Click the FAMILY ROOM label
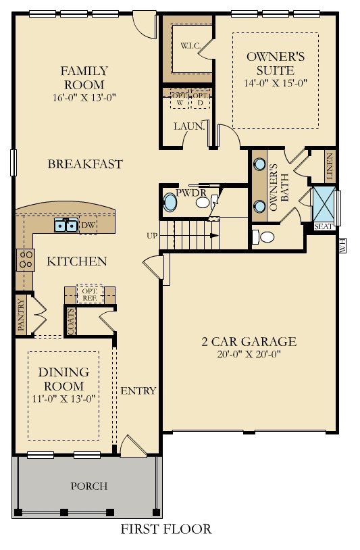84,78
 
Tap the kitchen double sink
66,225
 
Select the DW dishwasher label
88,225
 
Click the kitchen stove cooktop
26,260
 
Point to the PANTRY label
22,315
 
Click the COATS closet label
71,321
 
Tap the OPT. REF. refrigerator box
90,294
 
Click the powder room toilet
204,203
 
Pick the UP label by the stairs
152,236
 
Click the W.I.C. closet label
190,45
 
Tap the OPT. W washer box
180,99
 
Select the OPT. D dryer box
200,99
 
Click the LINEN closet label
329,167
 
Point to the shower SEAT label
324,226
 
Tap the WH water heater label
343,245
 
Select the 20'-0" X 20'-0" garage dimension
249,354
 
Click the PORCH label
89,486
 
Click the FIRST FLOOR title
166,528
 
